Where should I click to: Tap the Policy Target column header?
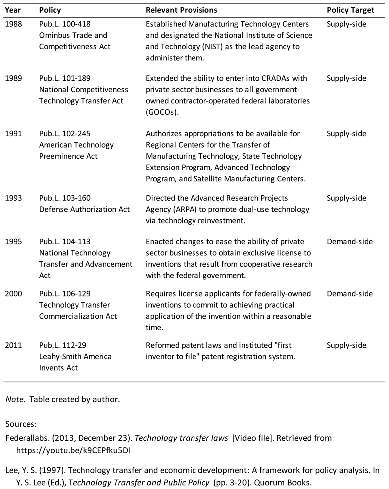(x=350, y=10)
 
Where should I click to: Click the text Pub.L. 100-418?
(x=65, y=24)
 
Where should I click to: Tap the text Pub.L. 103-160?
(x=65, y=198)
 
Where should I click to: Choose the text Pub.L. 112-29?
(x=63, y=345)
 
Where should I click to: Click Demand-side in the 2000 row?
(x=349, y=294)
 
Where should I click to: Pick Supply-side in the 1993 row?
(x=346, y=198)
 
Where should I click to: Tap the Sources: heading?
(x=21, y=424)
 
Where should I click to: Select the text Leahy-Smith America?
(x=75, y=357)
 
